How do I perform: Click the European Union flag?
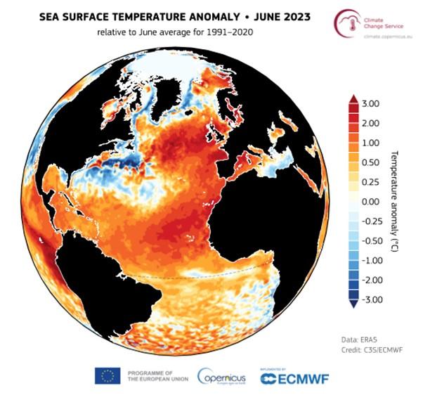(x=108, y=375)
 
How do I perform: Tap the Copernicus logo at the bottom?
(x=221, y=376)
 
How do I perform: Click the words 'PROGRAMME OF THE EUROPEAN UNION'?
(x=153, y=376)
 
